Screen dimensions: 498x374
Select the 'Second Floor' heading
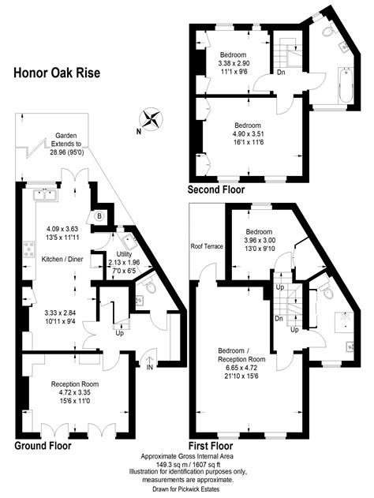pyautogui.click(x=215, y=190)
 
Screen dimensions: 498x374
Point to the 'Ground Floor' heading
pyautogui.click(x=43, y=446)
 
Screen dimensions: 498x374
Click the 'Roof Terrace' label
pyautogui.click(x=207, y=246)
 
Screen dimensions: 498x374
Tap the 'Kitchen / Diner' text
pyautogui.click(x=62, y=259)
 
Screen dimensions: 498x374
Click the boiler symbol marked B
pyautogui.click(x=100, y=215)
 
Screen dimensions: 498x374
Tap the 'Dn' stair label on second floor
pyautogui.click(x=281, y=73)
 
